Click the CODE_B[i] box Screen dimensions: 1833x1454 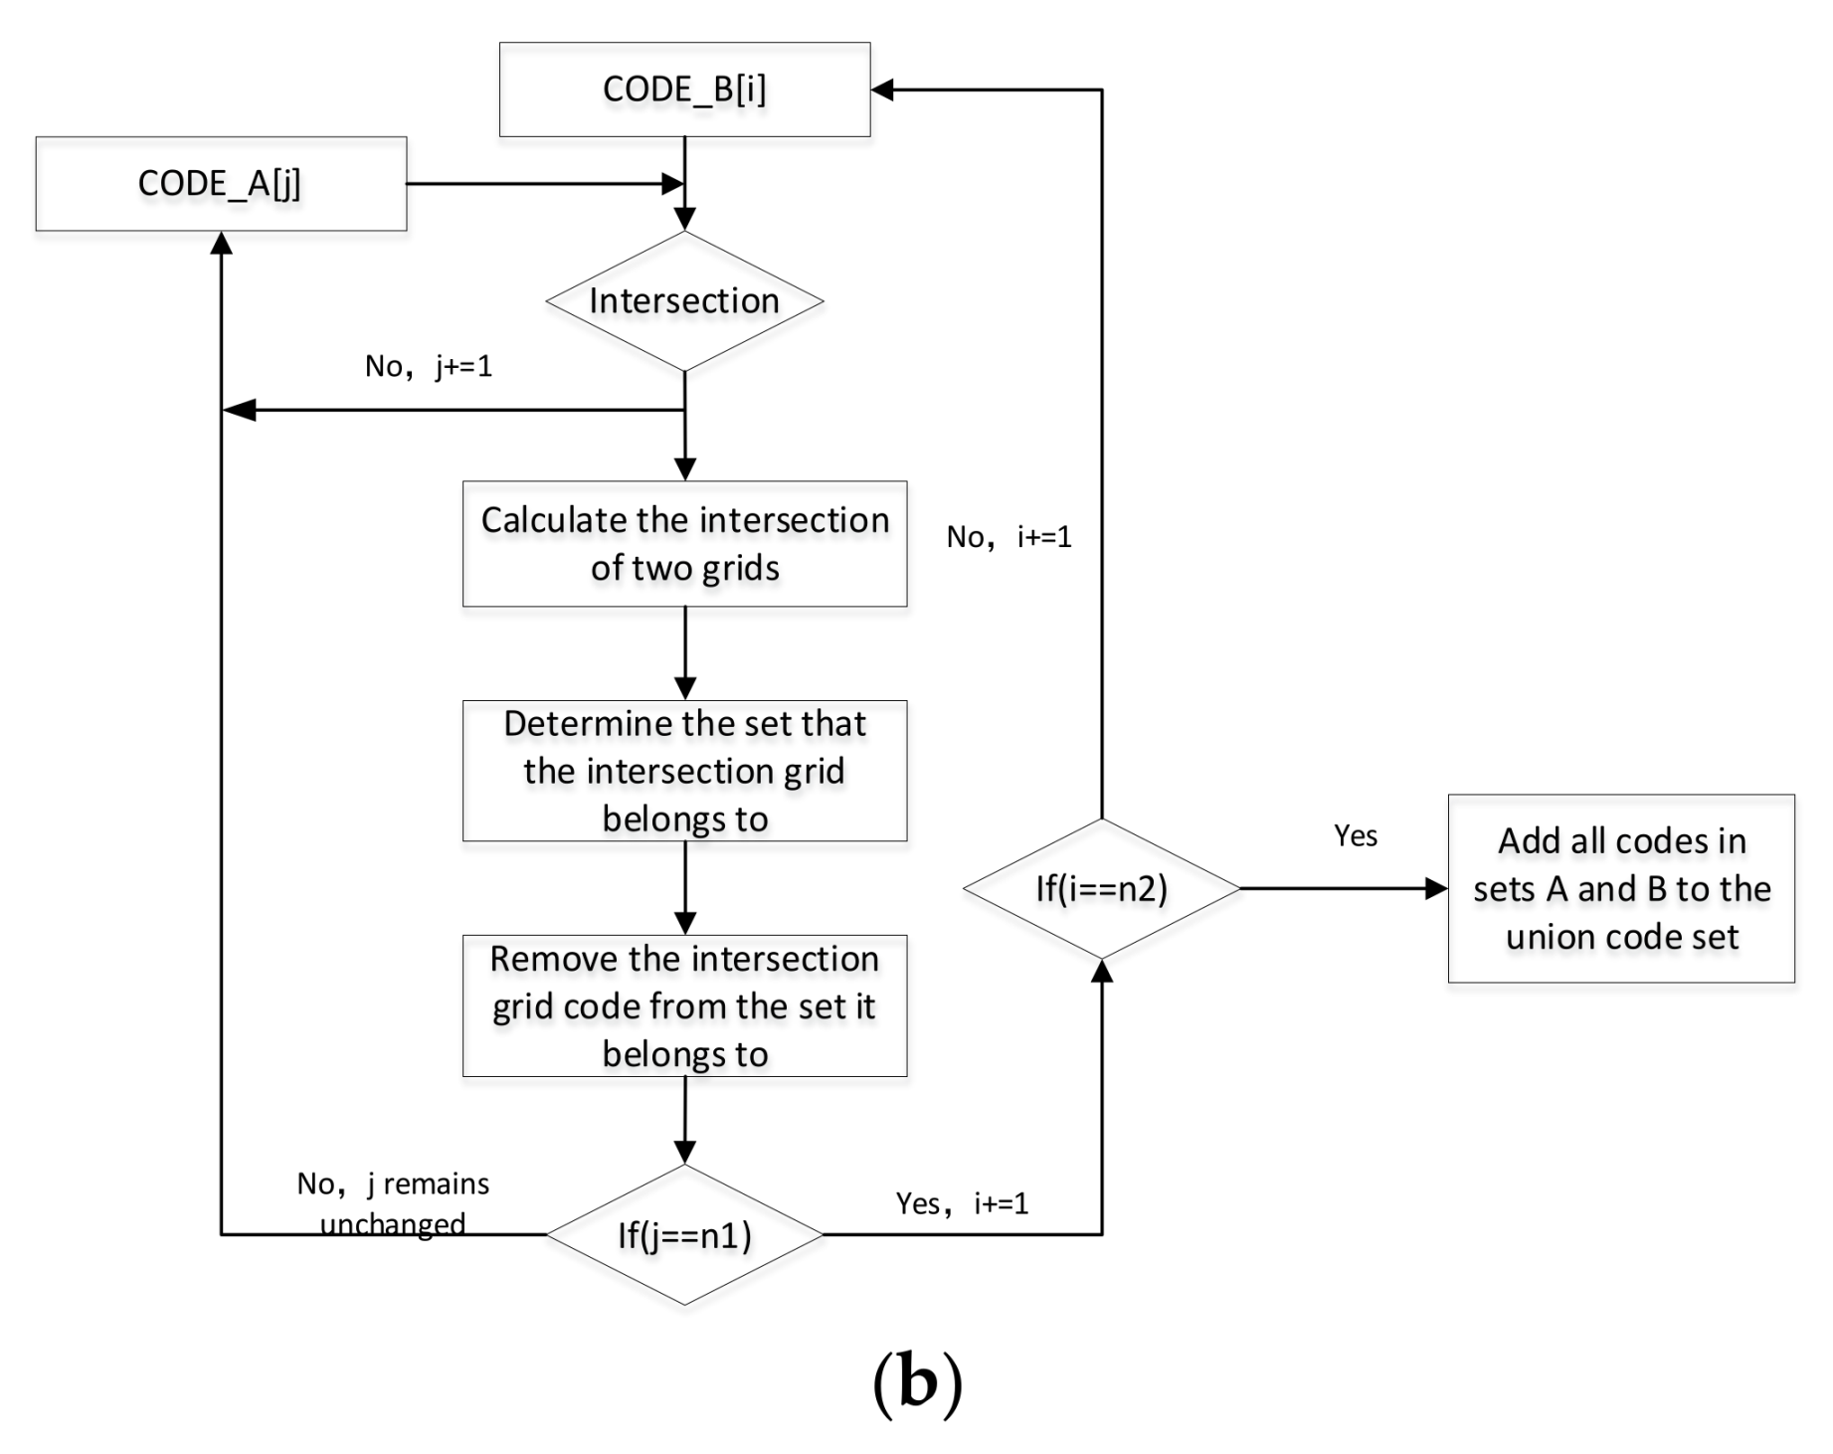coord(684,90)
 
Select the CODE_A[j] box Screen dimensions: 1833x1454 coord(221,184)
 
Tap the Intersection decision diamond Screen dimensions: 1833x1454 coord(684,301)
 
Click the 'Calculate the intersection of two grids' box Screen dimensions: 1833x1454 coord(684,544)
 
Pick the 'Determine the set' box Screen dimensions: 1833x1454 coord(684,771)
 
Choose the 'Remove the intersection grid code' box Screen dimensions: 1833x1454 coord(684,1005)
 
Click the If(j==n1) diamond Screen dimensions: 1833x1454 coord(684,1235)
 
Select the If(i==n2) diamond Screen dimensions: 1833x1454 coord(1102,888)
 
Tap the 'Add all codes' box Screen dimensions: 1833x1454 coord(1621,888)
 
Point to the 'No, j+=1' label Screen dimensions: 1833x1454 coord(429,366)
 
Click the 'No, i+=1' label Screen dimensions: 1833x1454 coord(1009,537)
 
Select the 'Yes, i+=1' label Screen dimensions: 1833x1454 coord(962,1203)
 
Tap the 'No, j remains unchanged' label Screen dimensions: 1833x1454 coord(393,1203)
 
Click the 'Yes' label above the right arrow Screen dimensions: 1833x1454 coord(1356,835)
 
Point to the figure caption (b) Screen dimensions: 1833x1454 coord(917,1384)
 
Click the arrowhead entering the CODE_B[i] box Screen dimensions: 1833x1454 coord(882,90)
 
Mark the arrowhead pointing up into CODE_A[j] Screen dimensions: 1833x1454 coord(221,244)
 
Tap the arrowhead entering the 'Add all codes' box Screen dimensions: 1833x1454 coord(1436,888)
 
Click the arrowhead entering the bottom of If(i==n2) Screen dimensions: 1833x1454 coord(1102,972)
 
